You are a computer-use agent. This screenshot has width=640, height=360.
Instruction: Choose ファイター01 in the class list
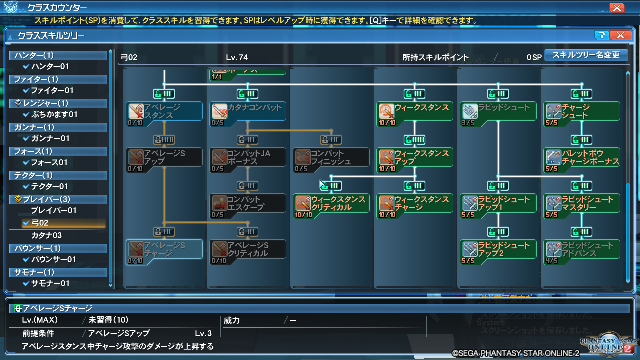coord(59,90)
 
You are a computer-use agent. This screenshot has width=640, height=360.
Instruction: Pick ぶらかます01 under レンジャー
coord(61,114)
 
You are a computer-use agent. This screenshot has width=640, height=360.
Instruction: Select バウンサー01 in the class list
coord(60,259)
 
